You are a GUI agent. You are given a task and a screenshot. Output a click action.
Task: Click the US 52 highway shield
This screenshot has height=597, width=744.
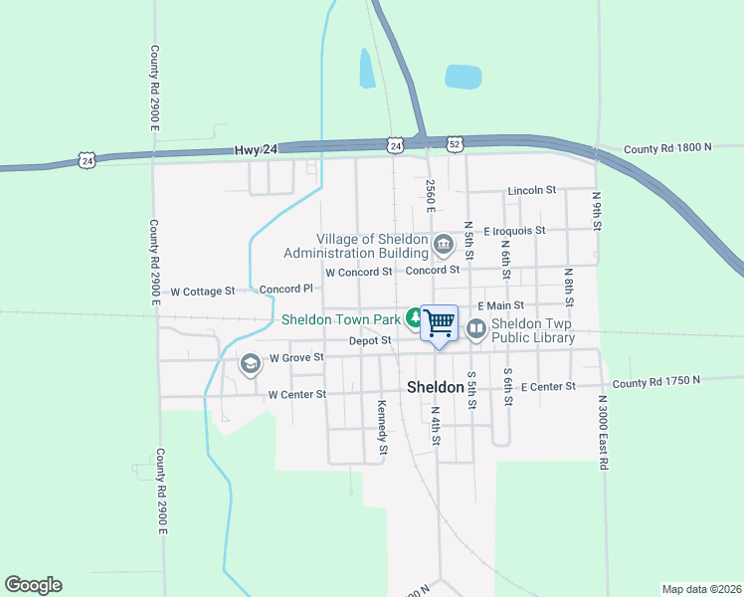[455, 143]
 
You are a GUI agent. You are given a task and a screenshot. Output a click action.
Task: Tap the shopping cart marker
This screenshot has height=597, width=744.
[439, 321]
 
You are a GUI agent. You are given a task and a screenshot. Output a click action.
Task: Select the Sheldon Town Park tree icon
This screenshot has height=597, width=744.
[413, 318]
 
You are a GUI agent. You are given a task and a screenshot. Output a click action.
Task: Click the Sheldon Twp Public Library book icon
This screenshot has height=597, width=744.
[476, 326]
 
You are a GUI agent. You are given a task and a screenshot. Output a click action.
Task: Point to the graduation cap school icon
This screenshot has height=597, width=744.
[249, 364]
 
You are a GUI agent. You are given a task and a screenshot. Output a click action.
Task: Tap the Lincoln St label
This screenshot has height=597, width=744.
[531, 190]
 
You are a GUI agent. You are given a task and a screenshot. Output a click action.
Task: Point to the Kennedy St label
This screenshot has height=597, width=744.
[382, 422]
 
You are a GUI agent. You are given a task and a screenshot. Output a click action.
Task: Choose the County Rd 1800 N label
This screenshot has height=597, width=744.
[668, 149]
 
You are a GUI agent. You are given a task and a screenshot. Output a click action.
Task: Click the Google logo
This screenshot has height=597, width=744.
[33, 585]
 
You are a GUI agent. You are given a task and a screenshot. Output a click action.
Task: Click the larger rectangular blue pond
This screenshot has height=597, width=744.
[463, 77]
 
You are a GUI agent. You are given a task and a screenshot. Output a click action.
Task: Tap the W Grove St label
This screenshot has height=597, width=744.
[296, 357]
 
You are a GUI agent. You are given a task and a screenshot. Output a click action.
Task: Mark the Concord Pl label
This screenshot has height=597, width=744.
[286, 289]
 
